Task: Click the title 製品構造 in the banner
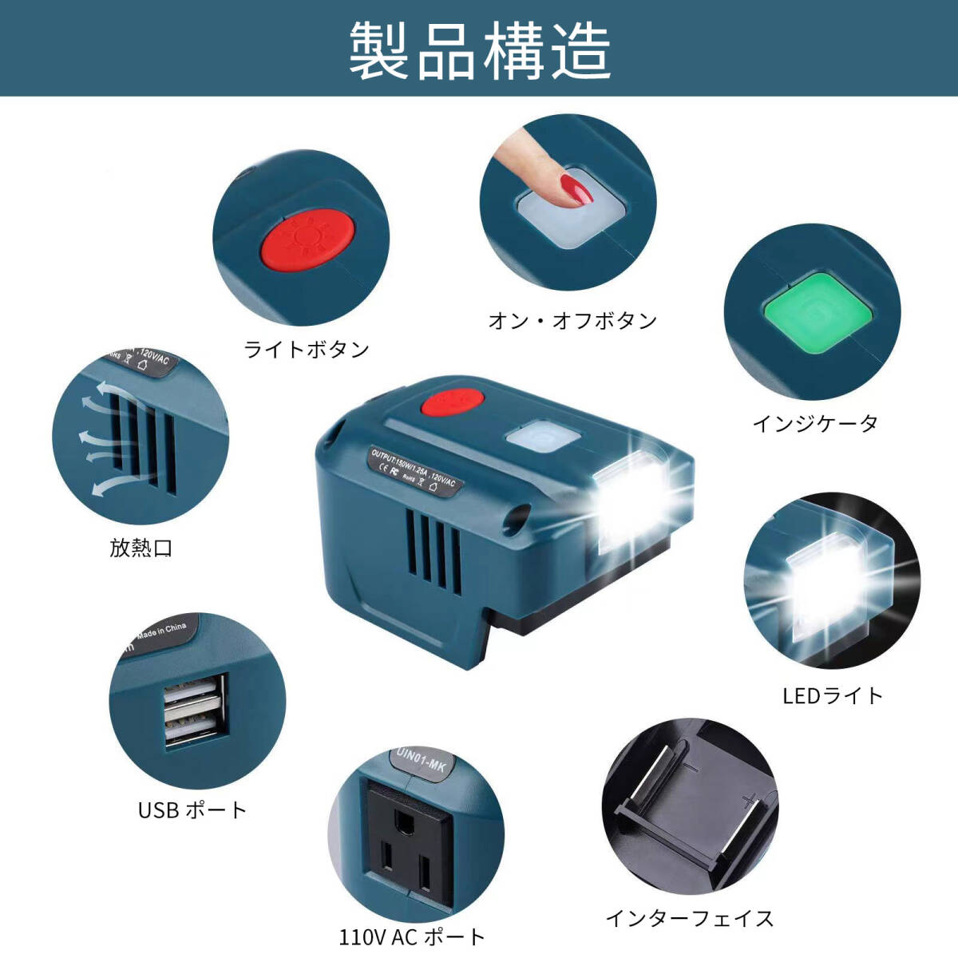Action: pos(480,50)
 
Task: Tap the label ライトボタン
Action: pos(307,349)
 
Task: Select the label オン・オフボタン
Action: pos(572,321)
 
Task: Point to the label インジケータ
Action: pos(815,423)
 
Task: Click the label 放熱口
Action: pos(141,548)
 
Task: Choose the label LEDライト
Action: pos(833,695)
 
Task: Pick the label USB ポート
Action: pos(192,810)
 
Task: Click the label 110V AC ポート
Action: pos(412,936)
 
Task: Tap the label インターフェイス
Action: pos(690,918)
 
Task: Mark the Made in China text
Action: pos(161,631)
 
